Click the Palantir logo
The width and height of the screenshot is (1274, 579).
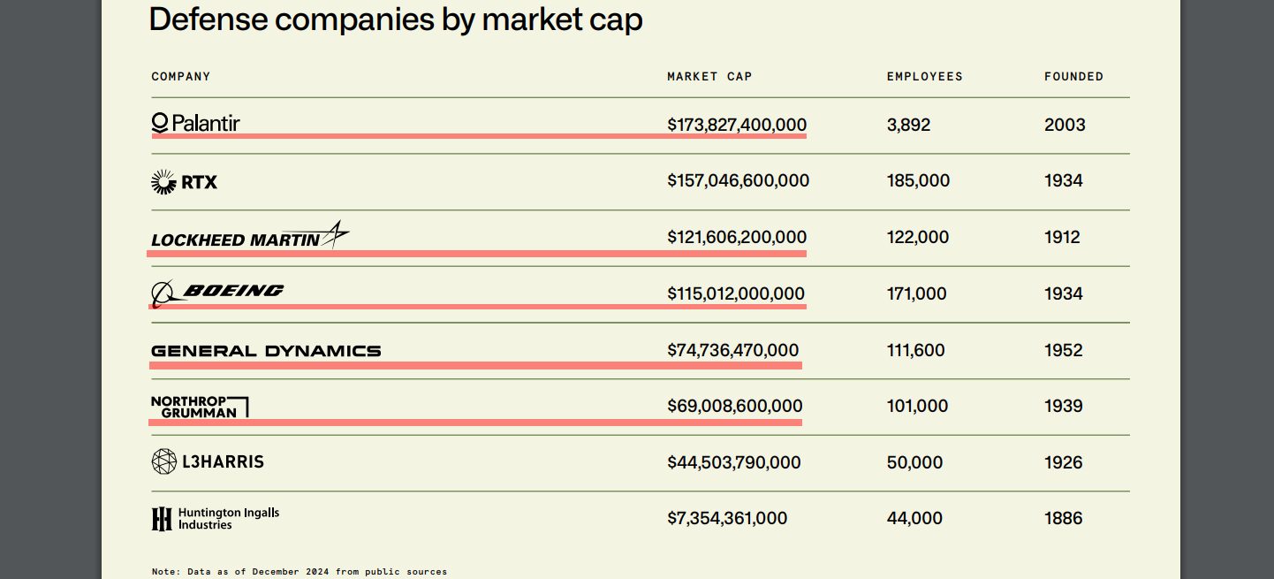(195, 123)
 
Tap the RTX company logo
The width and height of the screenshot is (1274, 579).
(184, 181)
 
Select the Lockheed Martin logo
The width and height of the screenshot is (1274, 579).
(250, 236)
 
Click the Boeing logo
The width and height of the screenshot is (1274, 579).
(217, 293)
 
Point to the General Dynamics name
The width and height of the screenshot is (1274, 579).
(266, 351)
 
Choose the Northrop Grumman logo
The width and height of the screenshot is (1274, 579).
(200, 407)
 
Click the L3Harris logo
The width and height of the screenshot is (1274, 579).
(208, 461)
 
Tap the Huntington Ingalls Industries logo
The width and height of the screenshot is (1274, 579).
(215, 519)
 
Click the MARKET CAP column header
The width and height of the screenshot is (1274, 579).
(709, 77)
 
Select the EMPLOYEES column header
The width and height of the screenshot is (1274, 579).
(924, 77)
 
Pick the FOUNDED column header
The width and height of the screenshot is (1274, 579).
(1073, 77)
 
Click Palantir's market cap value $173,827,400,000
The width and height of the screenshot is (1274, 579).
(737, 125)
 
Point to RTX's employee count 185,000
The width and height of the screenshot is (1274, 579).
(918, 181)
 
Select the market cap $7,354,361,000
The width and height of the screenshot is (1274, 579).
(727, 519)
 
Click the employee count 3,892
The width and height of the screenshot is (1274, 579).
(908, 125)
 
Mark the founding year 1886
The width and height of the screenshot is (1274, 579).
(1063, 519)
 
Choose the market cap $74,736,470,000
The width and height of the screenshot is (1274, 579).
(732, 350)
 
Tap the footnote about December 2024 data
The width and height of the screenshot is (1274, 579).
(300, 572)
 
